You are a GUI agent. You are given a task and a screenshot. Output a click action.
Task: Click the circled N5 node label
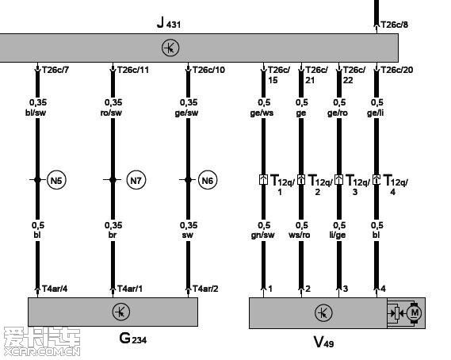[56, 181]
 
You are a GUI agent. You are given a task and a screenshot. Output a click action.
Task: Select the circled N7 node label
[136, 181]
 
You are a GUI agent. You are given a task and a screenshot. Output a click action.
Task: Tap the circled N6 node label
[208, 181]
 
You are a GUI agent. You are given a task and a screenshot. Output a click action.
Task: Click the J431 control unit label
[169, 23]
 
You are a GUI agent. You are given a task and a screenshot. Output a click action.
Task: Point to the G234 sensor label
[133, 338]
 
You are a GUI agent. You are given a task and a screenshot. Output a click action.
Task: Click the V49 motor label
[323, 342]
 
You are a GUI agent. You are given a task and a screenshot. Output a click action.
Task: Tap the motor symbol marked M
[415, 312]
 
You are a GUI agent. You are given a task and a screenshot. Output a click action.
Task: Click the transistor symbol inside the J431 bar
[170, 48]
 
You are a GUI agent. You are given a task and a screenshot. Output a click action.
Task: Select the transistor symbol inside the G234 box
[121, 312]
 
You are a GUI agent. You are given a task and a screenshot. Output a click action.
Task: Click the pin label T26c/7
[55, 70]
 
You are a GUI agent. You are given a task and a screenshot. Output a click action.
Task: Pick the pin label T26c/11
[133, 70]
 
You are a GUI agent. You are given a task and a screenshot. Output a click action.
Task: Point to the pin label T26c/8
[395, 25]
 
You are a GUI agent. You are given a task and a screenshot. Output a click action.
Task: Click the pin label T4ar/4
[55, 289]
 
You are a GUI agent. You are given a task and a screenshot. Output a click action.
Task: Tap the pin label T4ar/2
[205, 289]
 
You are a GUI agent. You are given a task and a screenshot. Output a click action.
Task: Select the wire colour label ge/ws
[262, 113]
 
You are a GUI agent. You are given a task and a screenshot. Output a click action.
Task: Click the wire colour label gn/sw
[262, 236]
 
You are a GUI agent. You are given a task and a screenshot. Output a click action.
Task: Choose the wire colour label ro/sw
[111, 113]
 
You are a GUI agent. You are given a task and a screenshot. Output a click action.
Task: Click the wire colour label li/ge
[338, 236]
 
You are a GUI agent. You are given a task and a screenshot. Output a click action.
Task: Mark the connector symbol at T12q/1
[263, 179]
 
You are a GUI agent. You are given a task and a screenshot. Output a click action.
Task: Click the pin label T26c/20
[397, 70]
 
